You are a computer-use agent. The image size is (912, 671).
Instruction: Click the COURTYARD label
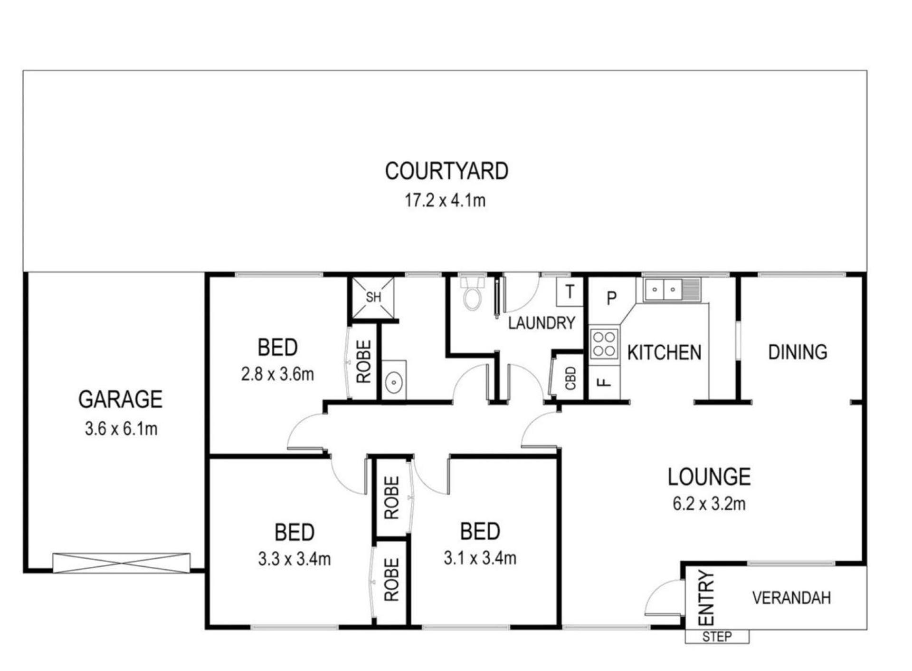(x=446, y=171)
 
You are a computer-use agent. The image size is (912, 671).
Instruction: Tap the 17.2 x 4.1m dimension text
(x=445, y=200)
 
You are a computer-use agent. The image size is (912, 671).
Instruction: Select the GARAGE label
(x=120, y=399)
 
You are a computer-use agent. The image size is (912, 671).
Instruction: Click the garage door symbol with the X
(x=121, y=563)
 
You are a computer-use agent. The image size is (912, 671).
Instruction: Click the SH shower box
(x=373, y=298)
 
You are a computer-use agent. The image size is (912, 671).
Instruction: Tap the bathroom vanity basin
(x=394, y=380)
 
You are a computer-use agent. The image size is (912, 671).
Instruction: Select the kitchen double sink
(x=672, y=289)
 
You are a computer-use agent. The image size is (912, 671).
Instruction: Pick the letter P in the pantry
(x=612, y=298)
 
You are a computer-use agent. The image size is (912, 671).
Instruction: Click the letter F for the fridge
(x=604, y=382)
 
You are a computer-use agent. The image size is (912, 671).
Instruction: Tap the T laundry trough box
(x=570, y=291)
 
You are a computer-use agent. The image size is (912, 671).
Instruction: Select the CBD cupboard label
(x=570, y=378)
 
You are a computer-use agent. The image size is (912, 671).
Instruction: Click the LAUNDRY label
(x=541, y=323)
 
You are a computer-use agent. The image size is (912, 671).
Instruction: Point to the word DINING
(x=798, y=352)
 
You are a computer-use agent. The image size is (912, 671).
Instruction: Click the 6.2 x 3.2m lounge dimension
(x=709, y=504)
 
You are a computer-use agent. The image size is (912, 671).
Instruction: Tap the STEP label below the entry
(x=717, y=637)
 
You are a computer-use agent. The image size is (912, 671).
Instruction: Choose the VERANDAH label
(x=791, y=598)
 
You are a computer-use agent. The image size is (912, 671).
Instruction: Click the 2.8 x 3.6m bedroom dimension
(x=277, y=374)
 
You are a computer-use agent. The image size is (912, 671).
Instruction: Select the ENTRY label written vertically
(x=706, y=598)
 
